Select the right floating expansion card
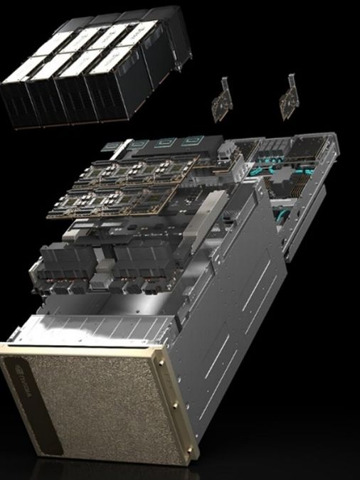[291, 95]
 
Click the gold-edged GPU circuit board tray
[135, 188]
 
